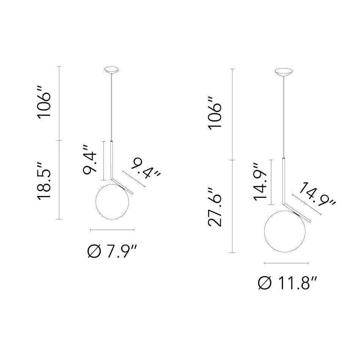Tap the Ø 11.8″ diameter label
coord(287,283)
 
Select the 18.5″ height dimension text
coord(45,180)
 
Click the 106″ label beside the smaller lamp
coord(45,102)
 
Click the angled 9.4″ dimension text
coord(146,168)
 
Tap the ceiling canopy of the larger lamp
coord(283,72)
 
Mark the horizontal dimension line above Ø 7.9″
coord(112,230)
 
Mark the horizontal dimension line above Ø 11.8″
coord(286,263)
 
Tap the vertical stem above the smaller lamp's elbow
coord(111,159)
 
